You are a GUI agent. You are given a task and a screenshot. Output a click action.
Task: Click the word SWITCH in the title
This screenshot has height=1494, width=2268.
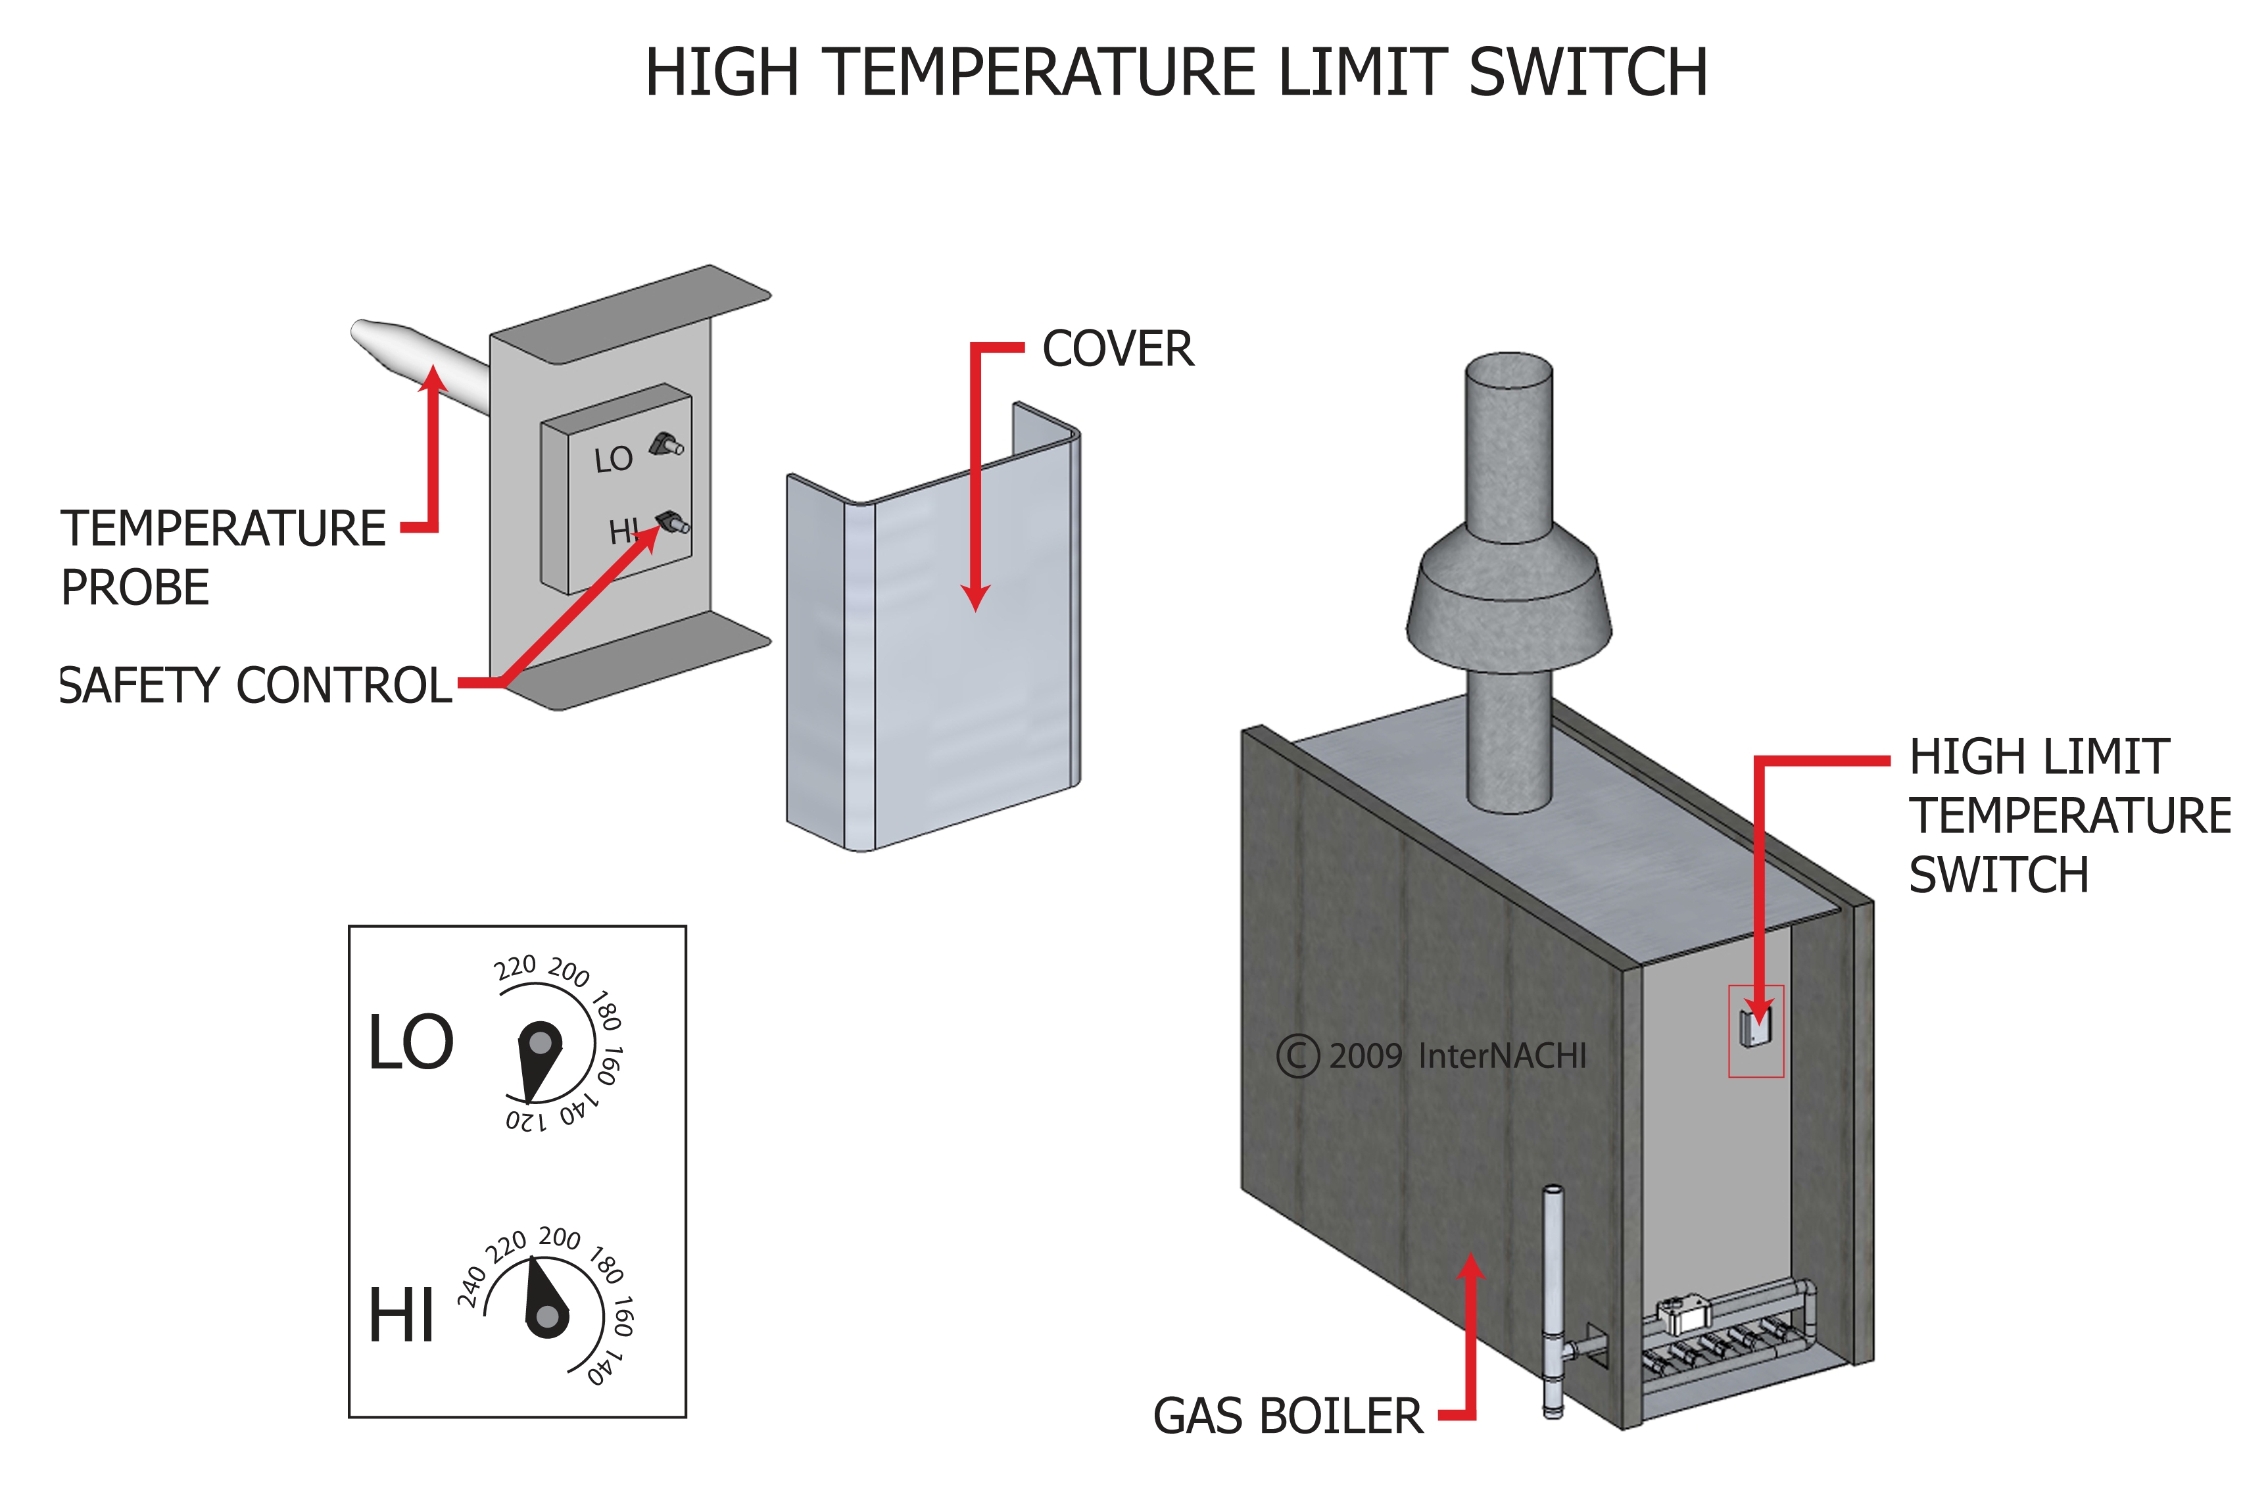click(1587, 74)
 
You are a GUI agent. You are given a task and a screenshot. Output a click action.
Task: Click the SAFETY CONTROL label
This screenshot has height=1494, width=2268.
click(255, 686)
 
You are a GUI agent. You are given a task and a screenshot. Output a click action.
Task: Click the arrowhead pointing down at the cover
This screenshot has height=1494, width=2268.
click(975, 598)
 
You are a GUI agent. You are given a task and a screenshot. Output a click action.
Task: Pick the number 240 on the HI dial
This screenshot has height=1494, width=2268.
click(471, 1288)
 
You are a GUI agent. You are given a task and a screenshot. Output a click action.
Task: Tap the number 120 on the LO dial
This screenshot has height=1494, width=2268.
click(526, 1120)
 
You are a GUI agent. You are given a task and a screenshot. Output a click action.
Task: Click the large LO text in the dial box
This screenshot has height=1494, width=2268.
click(411, 1042)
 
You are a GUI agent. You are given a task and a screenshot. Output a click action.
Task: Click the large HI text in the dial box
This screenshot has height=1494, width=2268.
click(401, 1316)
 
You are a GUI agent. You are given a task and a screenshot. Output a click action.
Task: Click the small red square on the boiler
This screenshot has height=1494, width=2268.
click(1755, 1031)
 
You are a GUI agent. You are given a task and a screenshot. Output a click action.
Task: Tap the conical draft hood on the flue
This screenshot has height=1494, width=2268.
click(1508, 600)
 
